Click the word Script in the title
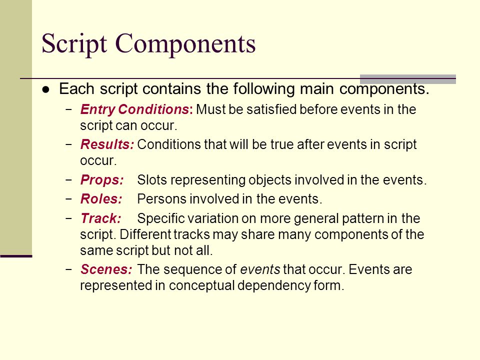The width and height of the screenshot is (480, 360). point(74,44)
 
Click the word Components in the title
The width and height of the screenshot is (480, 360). point(185,44)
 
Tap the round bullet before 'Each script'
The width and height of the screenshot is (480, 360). point(46,89)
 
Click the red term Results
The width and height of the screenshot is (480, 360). point(107,144)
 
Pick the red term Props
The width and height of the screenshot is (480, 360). point(102,180)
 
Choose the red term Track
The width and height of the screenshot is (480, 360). point(100,218)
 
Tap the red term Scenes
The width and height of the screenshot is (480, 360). point(106,269)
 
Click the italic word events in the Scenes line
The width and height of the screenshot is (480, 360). point(260,269)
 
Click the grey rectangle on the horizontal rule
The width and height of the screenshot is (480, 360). point(408,79)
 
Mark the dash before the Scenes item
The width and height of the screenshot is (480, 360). point(69,269)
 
